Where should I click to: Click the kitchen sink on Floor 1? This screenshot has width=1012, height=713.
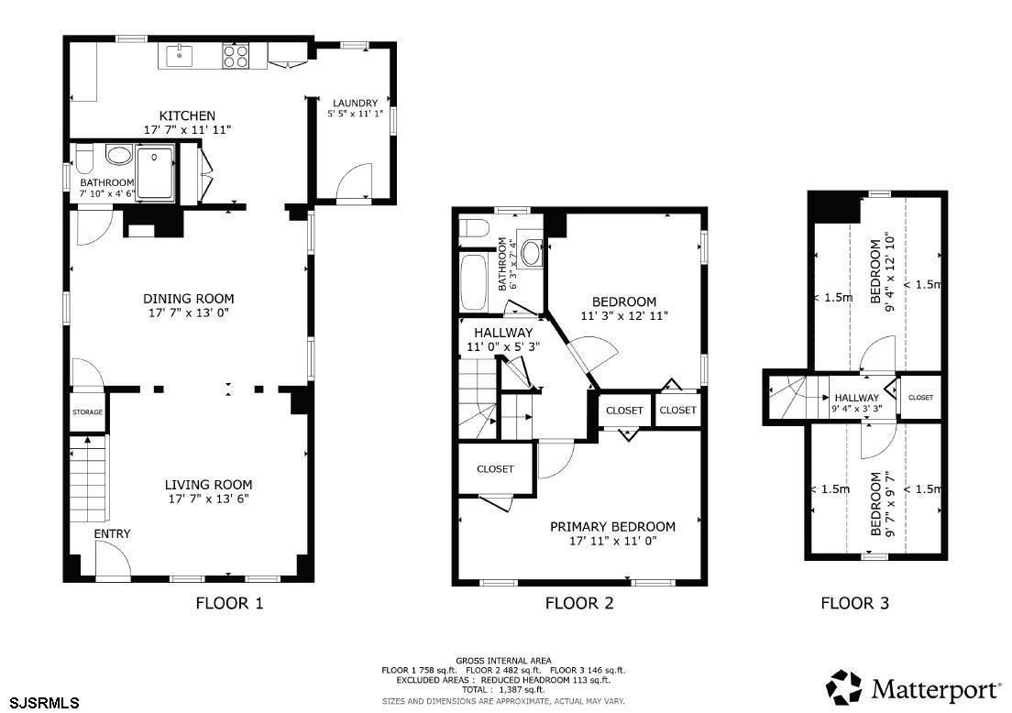(180, 56)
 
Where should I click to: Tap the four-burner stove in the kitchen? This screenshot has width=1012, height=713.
(236, 56)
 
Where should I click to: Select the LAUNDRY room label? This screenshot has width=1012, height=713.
(355, 104)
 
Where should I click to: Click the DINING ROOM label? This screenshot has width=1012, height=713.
(189, 299)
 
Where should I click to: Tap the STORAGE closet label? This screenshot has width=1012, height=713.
(87, 412)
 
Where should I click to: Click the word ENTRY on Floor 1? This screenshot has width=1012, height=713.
(113, 533)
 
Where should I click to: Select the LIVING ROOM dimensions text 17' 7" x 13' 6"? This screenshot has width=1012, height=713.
(208, 499)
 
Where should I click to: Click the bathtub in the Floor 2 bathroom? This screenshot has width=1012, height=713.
(474, 282)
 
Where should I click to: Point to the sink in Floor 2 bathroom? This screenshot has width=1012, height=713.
(531, 253)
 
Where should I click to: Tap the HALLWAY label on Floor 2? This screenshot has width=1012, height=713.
(503, 333)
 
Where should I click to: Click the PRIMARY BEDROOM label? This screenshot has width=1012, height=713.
(612, 527)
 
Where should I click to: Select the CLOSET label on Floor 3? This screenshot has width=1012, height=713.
(920, 398)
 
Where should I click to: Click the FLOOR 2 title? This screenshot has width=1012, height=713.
(579, 603)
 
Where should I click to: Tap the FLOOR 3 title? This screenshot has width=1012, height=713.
(854, 603)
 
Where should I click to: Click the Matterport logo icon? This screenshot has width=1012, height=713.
(844, 688)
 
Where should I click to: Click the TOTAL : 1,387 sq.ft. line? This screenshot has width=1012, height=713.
(503, 690)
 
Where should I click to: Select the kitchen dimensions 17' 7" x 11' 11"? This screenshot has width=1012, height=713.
(187, 130)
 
